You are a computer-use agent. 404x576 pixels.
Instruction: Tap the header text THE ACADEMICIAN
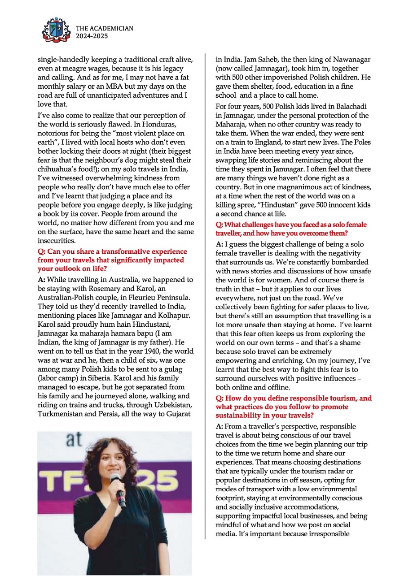coord(105,29)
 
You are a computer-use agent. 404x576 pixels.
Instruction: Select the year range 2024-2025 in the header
coord(92,36)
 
